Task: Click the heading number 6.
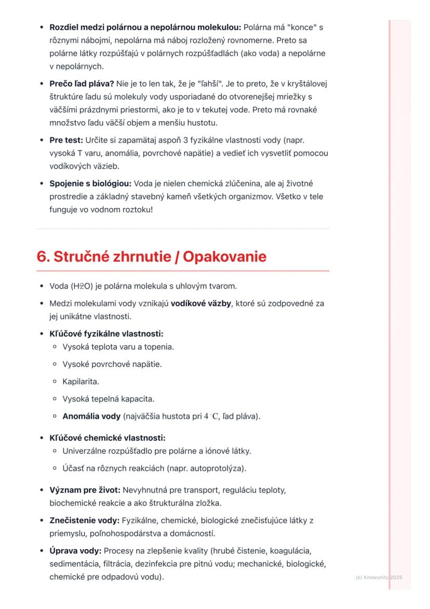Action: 42,257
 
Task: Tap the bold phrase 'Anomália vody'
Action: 91,416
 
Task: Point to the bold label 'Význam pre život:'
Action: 85,490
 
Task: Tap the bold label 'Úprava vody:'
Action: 75,550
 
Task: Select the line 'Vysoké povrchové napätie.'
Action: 112,364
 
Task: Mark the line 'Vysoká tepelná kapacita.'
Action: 109,399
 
